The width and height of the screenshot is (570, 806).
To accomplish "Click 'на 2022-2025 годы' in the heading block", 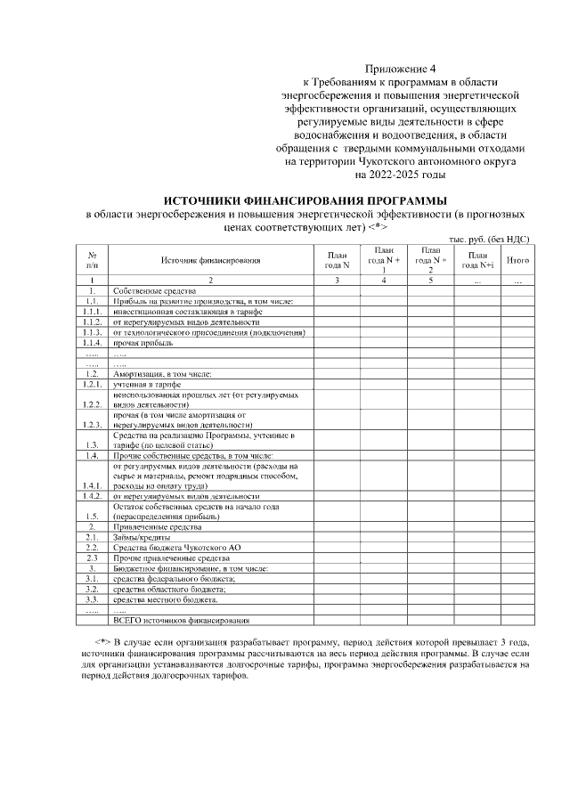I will (x=403, y=175).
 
